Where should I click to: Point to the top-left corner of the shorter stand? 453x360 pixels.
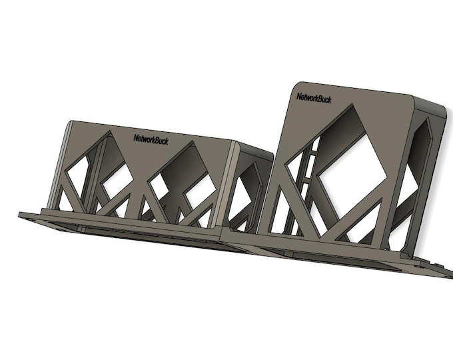[71, 124]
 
